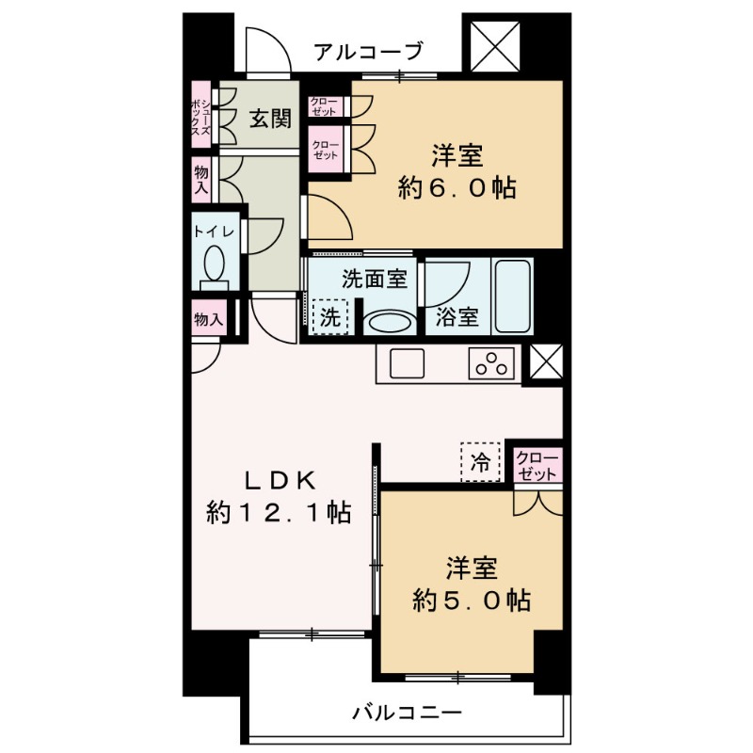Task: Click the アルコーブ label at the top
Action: (x=369, y=51)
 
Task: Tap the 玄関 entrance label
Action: (x=269, y=119)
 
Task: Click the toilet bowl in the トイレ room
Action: (x=214, y=263)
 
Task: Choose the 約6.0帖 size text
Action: (x=457, y=187)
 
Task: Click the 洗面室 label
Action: (x=374, y=279)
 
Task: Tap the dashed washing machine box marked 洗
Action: (x=329, y=316)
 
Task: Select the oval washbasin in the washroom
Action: (x=387, y=323)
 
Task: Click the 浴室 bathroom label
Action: (x=457, y=317)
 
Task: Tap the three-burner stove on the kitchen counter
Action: (x=492, y=363)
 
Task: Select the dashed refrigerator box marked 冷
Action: (x=481, y=461)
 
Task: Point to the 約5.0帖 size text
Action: (x=471, y=601)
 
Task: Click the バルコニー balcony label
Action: (x=407, y=713)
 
